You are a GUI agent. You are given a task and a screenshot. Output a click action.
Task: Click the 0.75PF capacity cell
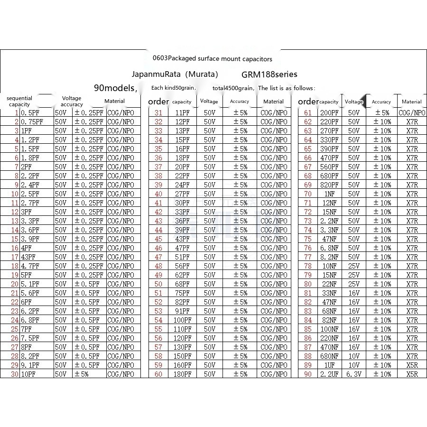pos(32,122)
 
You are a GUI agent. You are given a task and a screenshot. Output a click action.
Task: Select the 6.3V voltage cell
pos(354,374)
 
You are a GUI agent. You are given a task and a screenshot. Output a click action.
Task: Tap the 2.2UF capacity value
pos(329,374)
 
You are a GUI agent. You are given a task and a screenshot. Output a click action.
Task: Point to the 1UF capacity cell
pos(329,365)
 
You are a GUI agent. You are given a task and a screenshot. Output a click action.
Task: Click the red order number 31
pos(158,113)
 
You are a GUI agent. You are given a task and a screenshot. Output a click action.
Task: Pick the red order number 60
pos(158,374)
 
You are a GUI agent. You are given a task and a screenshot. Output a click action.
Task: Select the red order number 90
pos(308,374)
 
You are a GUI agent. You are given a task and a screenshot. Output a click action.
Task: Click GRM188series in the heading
pos(269,74)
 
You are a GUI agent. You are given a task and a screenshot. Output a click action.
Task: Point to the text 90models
pos(115,88)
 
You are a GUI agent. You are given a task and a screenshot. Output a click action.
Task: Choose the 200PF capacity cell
pos(329,113)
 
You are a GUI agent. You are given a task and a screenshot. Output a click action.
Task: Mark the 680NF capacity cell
pos(329,356)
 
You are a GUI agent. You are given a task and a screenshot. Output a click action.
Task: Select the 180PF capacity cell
pos(182,374)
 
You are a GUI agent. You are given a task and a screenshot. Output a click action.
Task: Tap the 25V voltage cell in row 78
pos(354,266)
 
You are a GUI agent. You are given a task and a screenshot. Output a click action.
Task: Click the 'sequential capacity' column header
pos(19,102)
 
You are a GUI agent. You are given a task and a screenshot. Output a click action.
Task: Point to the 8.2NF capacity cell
pos(329,257)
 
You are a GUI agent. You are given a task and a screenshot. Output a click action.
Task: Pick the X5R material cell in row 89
pos(412,365)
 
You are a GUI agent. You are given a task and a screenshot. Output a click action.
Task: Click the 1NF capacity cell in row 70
pos(329,194)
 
